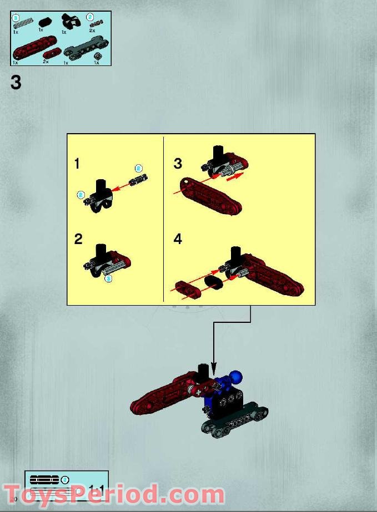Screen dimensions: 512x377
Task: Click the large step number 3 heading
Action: pyautogui.click(x=16, y=83)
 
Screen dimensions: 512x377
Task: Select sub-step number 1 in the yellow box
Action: pyautogui.click(x=77, y=164)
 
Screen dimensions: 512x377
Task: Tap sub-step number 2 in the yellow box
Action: pyautogui.click(x=78, y=239)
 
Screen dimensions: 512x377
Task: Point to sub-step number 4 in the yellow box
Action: pyautogui.click(x=178, y=239)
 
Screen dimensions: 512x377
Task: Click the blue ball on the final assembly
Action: pyautogui.click(x=237, y=378)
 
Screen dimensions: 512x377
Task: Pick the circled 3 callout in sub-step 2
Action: pyautogui.click(x=108, y=278)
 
